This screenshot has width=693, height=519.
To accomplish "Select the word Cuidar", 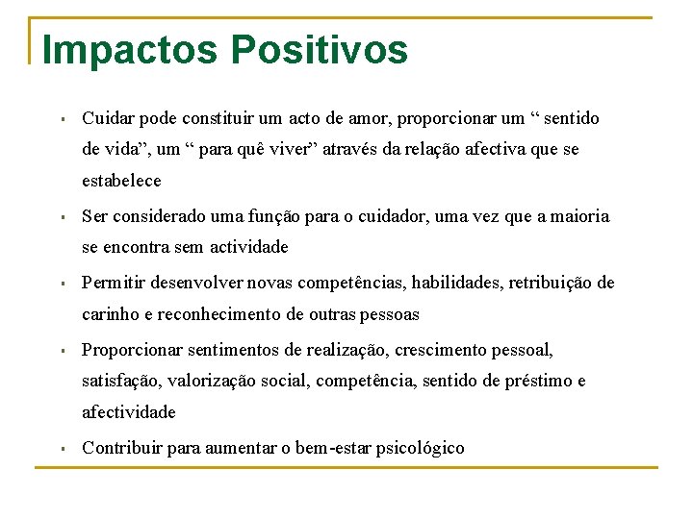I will (x=108, y=119).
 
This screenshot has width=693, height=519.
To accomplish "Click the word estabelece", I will (x=122, y=181).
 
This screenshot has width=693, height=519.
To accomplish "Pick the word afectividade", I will (x=129, y=412).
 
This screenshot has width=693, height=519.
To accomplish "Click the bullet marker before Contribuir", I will (x=61, y=449).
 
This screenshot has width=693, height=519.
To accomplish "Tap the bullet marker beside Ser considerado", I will (x=61, y=217).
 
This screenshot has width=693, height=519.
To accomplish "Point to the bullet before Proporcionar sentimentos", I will (x=61, y=351).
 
